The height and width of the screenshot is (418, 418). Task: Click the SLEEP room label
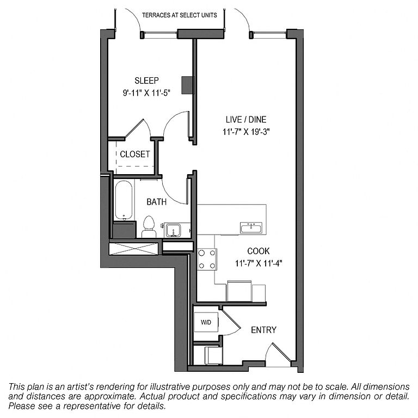(146, 81)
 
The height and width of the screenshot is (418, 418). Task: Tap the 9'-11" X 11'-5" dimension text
(146, 93)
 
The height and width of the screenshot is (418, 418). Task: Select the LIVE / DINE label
(245, 120)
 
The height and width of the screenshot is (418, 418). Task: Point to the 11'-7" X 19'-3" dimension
(245, 131)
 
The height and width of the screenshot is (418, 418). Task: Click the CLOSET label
(134, 155)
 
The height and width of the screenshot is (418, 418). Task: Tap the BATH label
(157, 202)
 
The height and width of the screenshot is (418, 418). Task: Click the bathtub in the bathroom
(124, 201)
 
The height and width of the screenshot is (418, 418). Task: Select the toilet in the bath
(149, 226)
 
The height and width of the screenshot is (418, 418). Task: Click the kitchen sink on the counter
(251, 226)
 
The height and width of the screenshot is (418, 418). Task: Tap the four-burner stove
(207, 259)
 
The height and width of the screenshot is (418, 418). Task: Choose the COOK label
(259, 251)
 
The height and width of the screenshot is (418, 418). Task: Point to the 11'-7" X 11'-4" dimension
(259, 263)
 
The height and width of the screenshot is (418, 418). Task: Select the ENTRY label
(263, 330)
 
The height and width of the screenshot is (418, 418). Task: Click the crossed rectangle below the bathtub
(134, 249)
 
